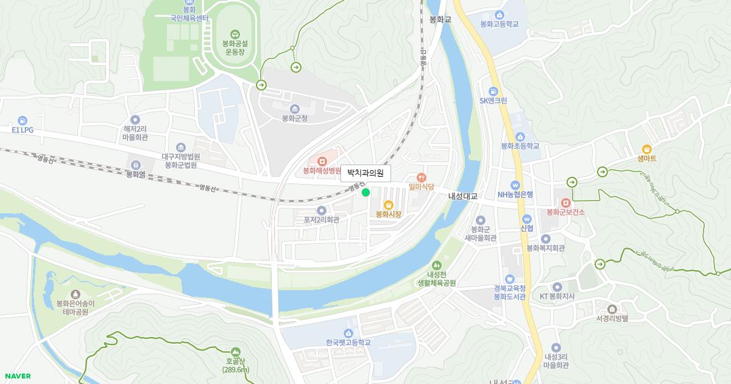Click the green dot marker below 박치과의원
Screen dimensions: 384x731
point(365,193)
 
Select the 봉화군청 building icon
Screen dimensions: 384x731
point(295,108)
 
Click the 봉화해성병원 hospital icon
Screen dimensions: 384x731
point(322,161)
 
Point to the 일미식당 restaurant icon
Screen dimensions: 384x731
point(421,177)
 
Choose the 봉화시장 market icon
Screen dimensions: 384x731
point(388,205)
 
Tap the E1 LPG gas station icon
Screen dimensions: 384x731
point(23,121)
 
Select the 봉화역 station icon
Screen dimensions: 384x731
point(135,165)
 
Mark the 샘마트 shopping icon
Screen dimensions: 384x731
point(646,149)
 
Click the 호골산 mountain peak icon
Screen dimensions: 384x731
point(236,351)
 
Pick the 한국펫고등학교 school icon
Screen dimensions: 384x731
point(348,333)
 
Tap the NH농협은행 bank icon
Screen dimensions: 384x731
point(515,185)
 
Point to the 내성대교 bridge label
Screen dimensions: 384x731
point(462,196)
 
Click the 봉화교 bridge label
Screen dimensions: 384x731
point(440,20)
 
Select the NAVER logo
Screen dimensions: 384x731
point(17,376)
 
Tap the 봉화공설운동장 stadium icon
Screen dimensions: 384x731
point(235,34)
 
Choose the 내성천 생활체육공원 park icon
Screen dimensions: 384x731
point(436,265)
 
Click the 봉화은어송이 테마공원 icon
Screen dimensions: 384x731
point(76,294)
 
